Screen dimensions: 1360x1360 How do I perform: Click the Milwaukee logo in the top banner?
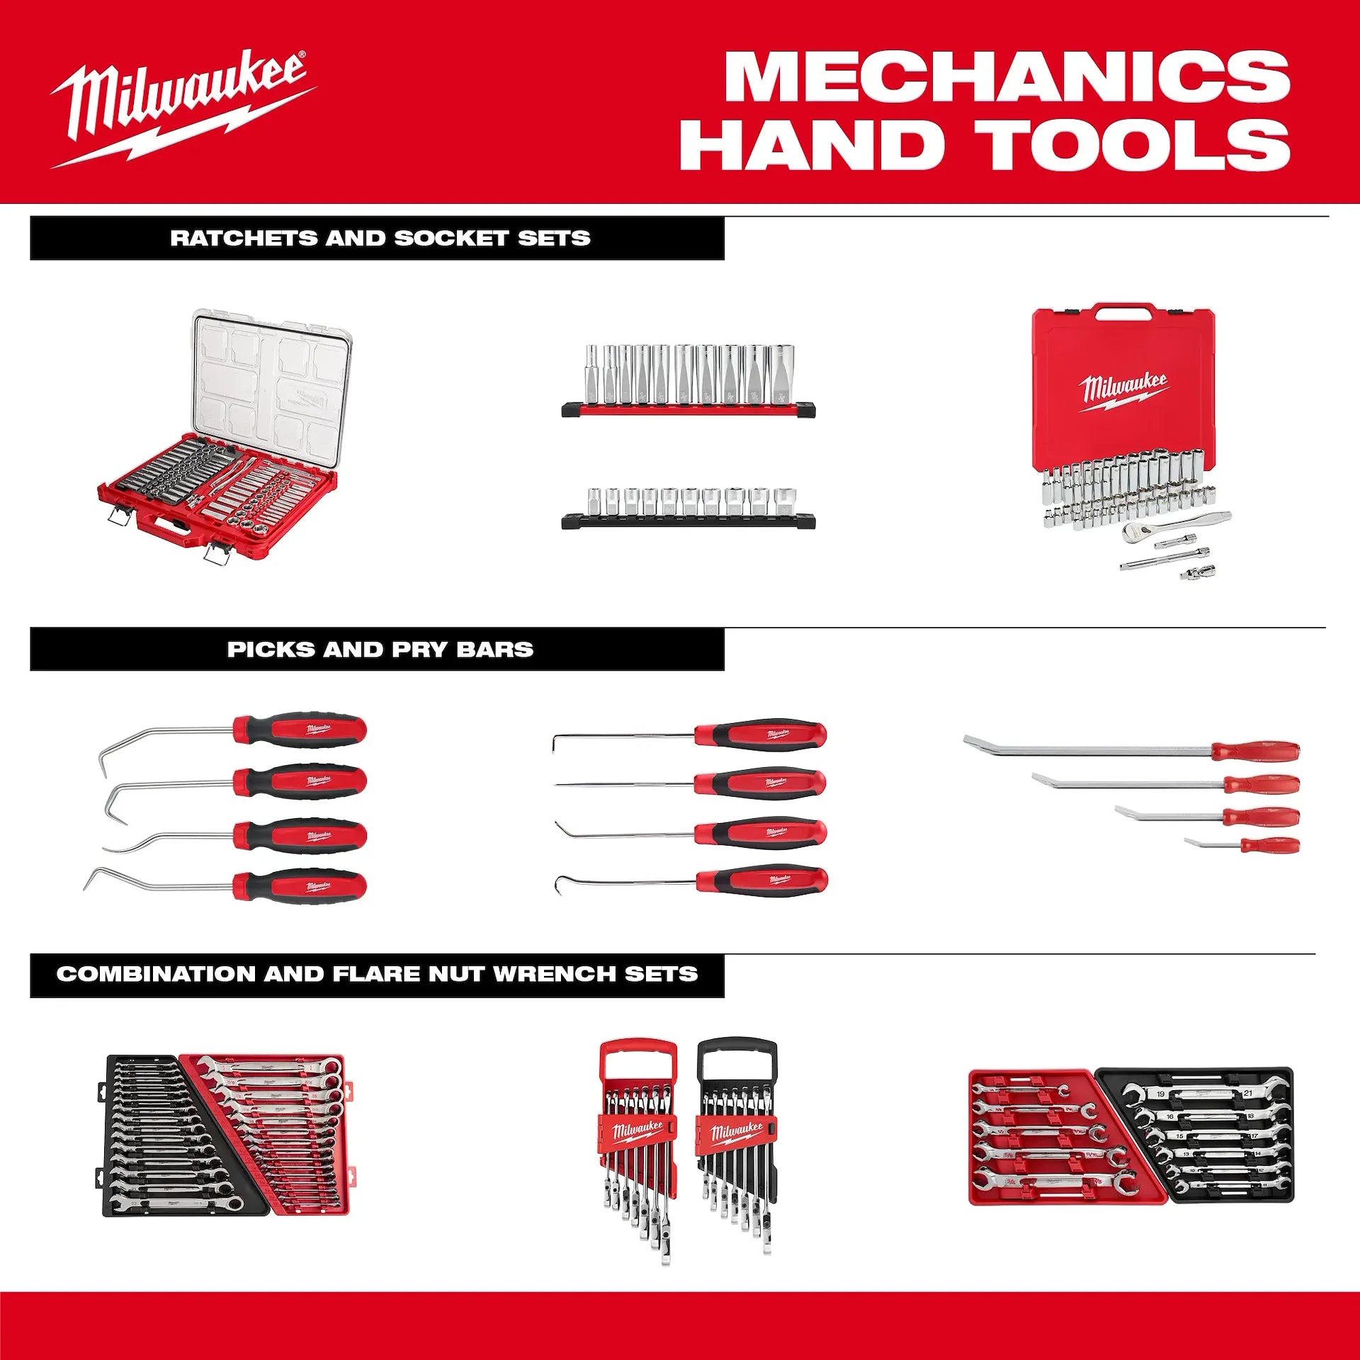coord(181,106)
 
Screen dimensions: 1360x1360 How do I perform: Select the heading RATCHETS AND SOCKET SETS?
coord(380,238)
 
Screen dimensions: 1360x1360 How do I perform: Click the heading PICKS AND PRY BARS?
coord(380,650)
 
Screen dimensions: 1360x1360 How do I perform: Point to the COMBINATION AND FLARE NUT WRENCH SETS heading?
coord(377,974)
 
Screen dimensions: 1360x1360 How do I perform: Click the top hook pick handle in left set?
coord(301,730)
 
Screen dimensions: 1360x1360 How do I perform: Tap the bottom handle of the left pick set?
coord(301,885)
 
